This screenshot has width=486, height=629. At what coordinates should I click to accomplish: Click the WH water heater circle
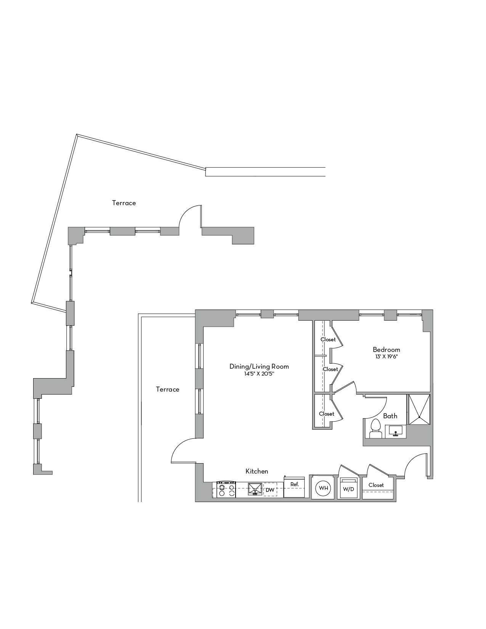tap(323, 488)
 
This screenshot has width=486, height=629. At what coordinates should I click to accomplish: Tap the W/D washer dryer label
tap(348, 489)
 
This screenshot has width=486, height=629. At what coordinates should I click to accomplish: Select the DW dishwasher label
tap(270, 490)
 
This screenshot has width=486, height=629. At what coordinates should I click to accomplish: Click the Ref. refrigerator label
tap(294, 484)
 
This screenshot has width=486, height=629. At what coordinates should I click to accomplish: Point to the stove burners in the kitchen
tap(226, 489)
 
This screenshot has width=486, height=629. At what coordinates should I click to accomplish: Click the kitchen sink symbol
tap(255, 489)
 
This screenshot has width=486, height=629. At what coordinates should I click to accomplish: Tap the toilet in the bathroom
tap(376, 429)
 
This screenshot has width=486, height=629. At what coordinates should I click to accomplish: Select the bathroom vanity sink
tap(395, 431)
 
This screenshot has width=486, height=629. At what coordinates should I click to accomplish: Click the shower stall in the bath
tap(419, 409)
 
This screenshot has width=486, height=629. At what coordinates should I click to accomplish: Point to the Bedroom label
tap(387, 349)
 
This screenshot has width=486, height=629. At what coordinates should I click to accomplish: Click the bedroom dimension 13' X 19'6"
tap(387, 357)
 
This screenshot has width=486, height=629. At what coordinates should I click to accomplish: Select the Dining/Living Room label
tap(259, 367)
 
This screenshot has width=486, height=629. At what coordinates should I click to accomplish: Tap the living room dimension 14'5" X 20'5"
tap(259, 374)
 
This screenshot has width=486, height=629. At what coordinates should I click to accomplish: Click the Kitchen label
tap(257, 472)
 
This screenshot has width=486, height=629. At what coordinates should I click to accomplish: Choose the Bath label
tap(390, 416)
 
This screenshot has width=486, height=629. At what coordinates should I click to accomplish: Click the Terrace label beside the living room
tap(168, 389)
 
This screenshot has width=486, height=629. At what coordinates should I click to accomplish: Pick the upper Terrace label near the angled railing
tap(124, 203)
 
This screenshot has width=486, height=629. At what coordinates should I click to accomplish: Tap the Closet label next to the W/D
tap(376, 485)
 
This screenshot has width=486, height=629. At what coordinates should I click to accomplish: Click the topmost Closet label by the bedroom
tap(328, 339)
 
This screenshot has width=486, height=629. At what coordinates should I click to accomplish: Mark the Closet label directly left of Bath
tap(327, 414)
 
